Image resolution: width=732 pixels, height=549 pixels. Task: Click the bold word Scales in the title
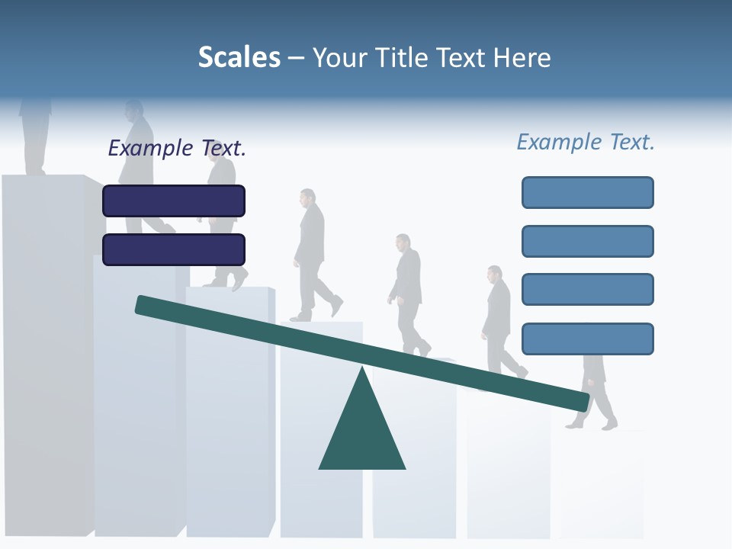[239, 57]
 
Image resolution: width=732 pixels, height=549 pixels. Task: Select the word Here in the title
[521, 57]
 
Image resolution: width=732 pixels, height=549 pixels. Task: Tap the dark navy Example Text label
[177, 148]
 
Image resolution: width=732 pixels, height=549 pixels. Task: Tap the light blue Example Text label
[586, 142]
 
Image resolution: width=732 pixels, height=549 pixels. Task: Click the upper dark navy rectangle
[174, 201]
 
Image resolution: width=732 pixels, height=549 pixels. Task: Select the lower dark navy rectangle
[174, 249]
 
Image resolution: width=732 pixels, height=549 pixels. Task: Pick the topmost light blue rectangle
[587, 192]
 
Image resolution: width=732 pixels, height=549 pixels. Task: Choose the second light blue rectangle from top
[587, 241]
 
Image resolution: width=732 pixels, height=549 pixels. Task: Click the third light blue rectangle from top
[587, 290]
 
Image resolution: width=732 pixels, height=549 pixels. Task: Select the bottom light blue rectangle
[587, 339]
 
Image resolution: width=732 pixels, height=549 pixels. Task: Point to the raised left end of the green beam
[142, 304]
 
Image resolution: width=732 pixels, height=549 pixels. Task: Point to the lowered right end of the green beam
[583, 401]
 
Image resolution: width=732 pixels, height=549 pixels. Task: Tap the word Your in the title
[339, 57]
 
